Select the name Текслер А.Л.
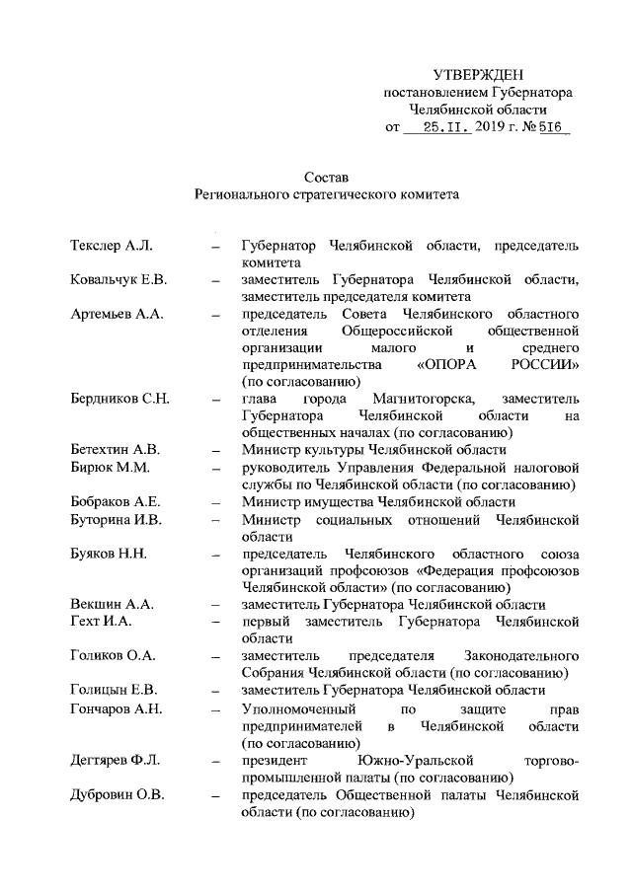(x=109, y=244)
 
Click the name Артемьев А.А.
(x=117, y=314)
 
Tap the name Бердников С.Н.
(x=120, y=399)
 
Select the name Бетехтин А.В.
(x=116, y=449)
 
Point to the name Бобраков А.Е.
(x=116, y=501)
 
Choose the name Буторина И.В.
(x=116, y=519)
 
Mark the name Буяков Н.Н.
(x=109, y=553)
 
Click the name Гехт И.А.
(x=102, y=622)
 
